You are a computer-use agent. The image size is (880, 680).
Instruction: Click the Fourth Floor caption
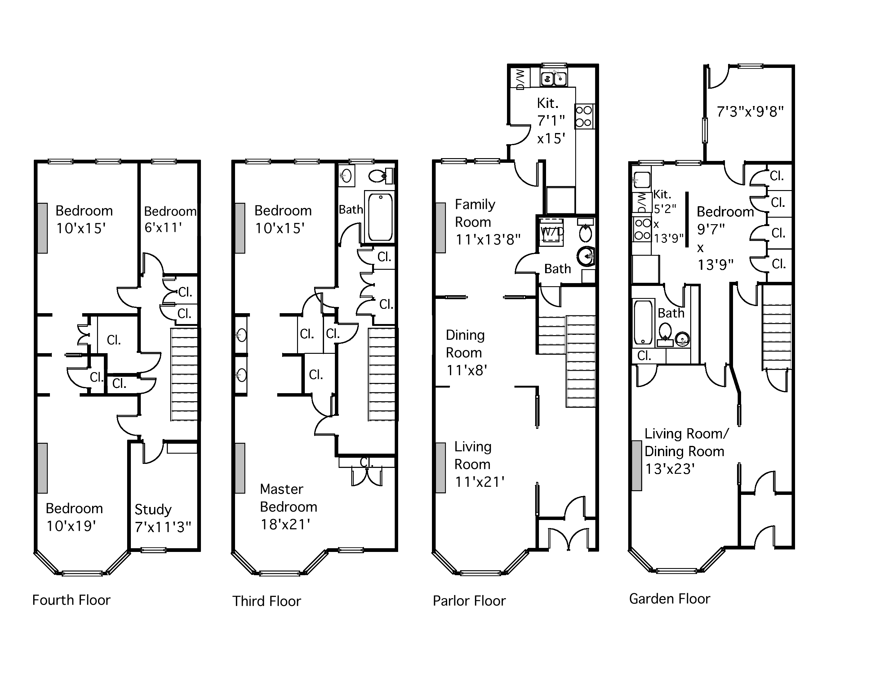tap(71, 600)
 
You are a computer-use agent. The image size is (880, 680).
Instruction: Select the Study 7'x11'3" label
tap(163, 518)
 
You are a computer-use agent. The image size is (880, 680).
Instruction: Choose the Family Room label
tap(475, 213)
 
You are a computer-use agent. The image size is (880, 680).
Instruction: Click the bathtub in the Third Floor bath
tap(380, 217)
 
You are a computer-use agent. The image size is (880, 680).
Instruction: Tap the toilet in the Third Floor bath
tap(380, 176)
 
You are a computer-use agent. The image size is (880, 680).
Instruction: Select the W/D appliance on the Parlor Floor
tap(551, 232)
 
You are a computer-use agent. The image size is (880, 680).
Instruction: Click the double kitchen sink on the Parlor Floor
tap(553, 78)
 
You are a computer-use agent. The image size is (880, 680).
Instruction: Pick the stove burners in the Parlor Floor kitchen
tap(584, 116)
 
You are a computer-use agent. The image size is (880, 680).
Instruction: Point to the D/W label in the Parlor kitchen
tap(520, 79)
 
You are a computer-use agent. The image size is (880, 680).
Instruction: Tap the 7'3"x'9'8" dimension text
tap(750, 111)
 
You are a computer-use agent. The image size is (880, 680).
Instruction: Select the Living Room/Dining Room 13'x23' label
tap(686, 451)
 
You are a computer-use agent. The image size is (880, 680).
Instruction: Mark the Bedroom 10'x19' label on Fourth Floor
tap(74, 517)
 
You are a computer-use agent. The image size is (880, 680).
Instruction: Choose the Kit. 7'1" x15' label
tap(551, 121)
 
